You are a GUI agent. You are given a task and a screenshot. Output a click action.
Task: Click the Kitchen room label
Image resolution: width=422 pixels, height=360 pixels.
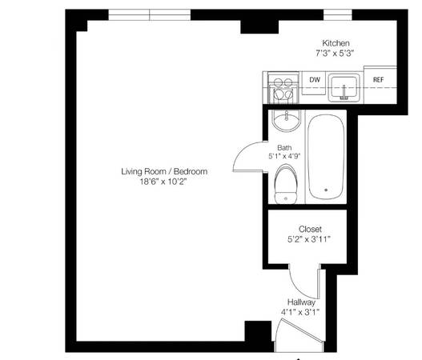336,43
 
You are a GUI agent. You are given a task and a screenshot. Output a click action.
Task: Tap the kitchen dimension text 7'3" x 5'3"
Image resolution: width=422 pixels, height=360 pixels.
334,54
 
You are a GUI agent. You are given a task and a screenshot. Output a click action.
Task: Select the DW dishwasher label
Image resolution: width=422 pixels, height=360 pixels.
315,79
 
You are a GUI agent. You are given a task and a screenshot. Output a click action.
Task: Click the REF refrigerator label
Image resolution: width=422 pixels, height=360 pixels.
378,79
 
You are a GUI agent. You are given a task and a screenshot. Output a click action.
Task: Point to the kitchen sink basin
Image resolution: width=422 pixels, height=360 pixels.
344,87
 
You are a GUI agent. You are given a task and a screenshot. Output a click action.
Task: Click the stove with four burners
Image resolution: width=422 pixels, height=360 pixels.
283,88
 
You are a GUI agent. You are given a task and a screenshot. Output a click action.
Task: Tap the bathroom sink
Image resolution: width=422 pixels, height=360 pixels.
287,120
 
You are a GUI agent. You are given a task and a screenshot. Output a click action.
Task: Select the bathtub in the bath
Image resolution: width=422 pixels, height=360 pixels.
326,157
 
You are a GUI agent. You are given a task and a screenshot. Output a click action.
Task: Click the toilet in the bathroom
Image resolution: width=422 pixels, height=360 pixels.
286,184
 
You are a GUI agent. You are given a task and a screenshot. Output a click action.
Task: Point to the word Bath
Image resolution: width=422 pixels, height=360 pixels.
284,148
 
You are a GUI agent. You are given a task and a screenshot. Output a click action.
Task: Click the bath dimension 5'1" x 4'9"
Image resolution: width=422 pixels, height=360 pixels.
284,156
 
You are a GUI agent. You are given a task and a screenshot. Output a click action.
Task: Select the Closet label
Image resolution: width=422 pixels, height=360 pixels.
310,229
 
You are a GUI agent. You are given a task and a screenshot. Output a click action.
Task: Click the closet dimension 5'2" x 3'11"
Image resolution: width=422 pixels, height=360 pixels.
309,239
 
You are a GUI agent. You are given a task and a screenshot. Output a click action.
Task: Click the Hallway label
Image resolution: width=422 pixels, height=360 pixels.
301,302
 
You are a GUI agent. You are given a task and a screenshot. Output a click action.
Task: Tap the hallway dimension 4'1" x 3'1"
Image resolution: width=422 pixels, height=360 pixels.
300,312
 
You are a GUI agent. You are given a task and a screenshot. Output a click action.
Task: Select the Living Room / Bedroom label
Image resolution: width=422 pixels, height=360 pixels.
164,171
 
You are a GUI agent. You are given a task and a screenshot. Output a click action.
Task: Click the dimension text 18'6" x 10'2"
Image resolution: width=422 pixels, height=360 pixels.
163,182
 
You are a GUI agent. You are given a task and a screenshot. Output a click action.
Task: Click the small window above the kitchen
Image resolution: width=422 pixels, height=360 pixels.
337,14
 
